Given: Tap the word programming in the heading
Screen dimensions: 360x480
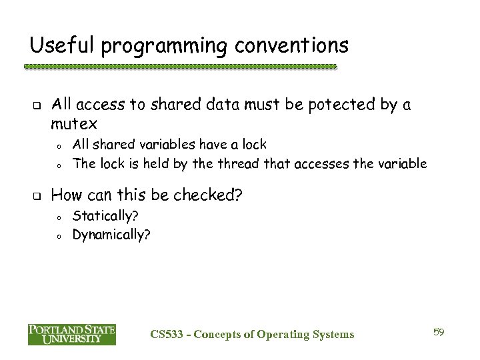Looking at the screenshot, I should point(154,47).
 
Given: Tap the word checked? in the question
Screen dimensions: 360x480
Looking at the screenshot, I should point(209,195).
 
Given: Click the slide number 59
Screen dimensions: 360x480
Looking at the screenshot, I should point(438,332).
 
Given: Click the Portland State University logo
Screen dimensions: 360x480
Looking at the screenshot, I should point(72,334).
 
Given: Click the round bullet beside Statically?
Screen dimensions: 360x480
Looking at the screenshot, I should point(59,217).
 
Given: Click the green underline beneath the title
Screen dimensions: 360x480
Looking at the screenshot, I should point(180,67).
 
